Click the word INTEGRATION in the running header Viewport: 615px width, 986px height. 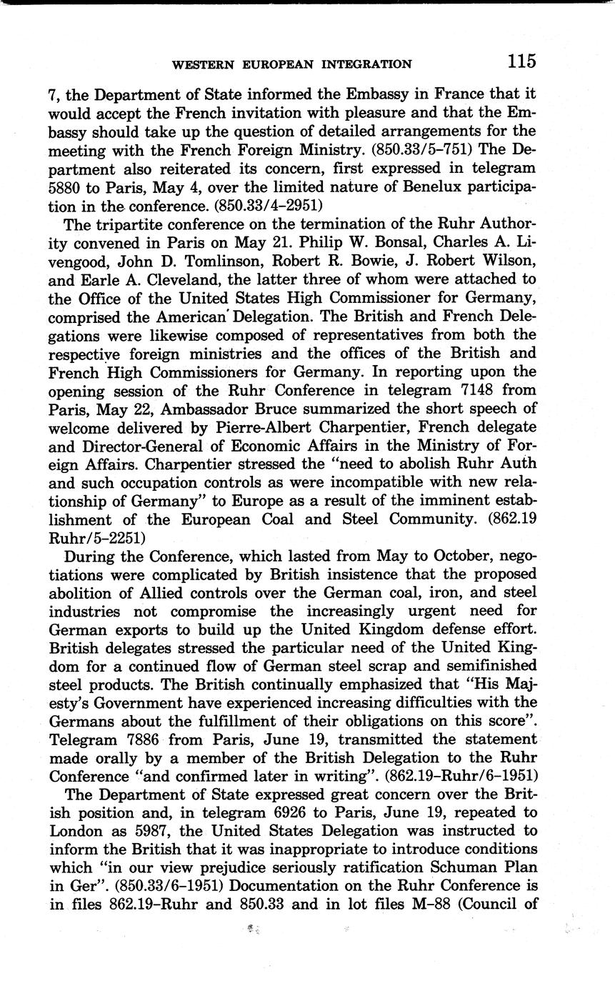coord(368,64)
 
